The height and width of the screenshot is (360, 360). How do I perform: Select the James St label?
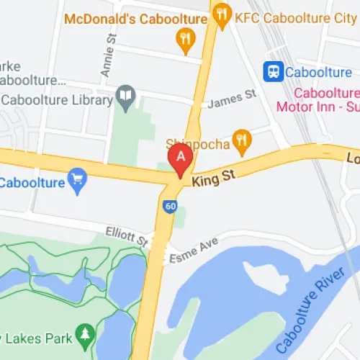click(231, 100)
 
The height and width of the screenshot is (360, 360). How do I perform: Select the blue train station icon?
click(273, 71)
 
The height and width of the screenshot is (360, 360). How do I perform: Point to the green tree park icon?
click(86, 334)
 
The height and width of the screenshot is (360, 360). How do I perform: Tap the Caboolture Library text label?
click(58, 99)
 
